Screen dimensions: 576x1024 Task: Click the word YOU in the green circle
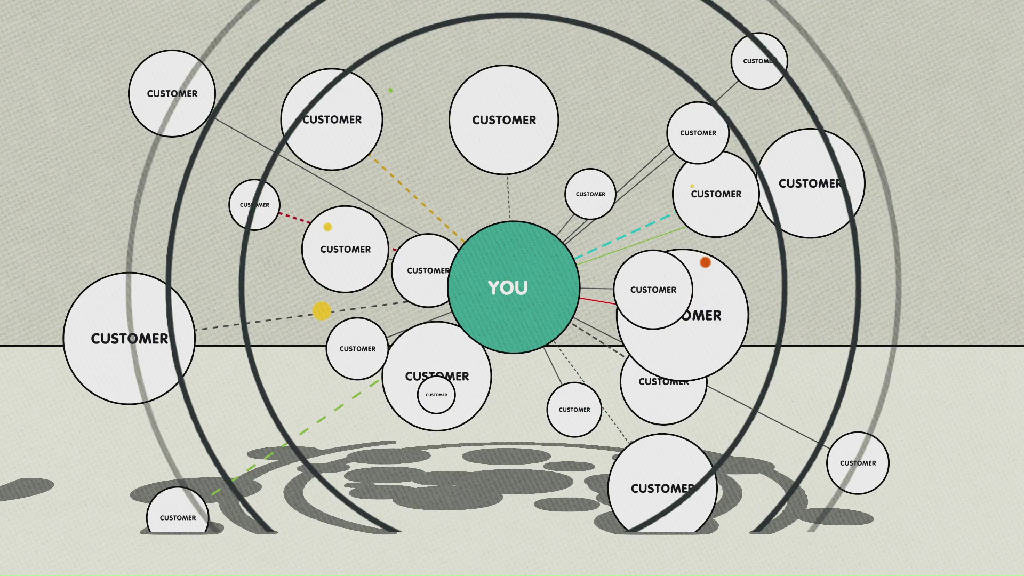(x=508, y=288)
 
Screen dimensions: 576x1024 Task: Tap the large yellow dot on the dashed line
(x=322, y=311)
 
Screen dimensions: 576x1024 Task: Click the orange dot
(x=705, y=262)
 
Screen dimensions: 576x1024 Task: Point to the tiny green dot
(x=391, y=90)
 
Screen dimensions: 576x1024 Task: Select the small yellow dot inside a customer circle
(x=327, y=227)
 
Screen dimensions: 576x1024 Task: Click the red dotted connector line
(x=294, y=218)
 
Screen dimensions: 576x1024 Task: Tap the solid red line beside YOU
(x=597, y=301)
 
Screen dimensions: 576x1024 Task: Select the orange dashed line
(x=416, y=198)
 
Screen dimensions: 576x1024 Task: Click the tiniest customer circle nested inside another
(x=436, y=395)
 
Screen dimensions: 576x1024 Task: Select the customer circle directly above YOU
(x=503, y=120)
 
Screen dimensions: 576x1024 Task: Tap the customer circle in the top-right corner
(x=758, y=61)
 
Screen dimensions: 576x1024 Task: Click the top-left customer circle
(x=172, y=93)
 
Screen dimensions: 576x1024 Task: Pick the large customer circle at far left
(x=129, y=339)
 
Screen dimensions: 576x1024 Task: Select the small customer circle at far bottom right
(x=858, y=463)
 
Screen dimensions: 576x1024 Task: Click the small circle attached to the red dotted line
(x=254, y=205)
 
